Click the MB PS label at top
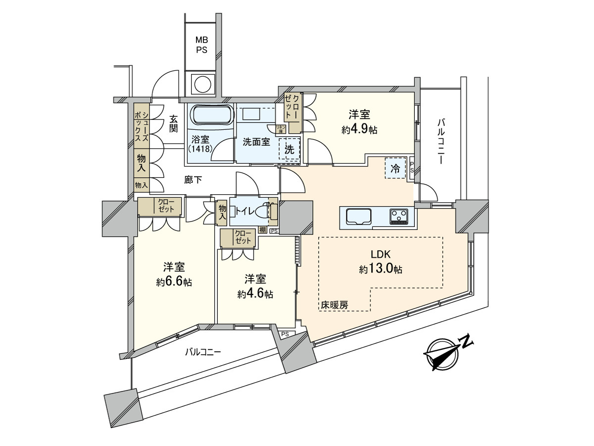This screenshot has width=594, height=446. point(201,45)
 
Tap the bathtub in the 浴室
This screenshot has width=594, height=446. point(211,115)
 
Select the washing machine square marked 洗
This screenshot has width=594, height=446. point(290,149)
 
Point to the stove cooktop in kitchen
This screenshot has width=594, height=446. point(399,217)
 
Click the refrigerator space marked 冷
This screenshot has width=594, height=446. point(396,168)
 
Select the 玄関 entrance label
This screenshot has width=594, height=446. point(173,124)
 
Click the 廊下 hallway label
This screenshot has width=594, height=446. point(193,180)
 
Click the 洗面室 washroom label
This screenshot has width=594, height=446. point(256,142)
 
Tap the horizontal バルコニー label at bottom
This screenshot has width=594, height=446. point(203,352)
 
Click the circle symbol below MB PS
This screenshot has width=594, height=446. point(201,83)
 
